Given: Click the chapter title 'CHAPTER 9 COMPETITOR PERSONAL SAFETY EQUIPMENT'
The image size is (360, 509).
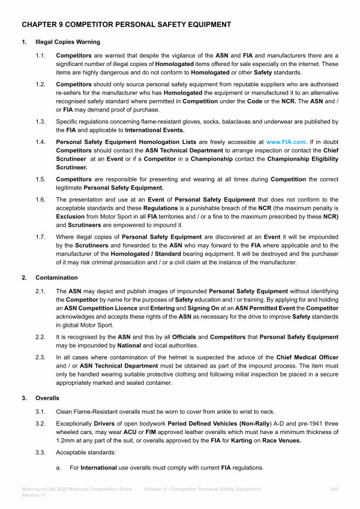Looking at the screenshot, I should point(126,25).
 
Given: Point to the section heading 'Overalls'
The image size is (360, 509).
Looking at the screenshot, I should point(47,397).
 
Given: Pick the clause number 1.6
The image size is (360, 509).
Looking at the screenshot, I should point(41,199).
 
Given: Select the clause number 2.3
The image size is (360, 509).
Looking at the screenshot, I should point(41,357).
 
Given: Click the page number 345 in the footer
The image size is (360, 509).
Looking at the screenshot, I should point(334,489).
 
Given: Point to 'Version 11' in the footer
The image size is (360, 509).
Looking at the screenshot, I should point(34,496).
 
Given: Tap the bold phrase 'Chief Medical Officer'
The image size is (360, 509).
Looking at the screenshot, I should point(306,357).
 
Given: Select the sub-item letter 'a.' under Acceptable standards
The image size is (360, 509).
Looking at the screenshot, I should point(59,467).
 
